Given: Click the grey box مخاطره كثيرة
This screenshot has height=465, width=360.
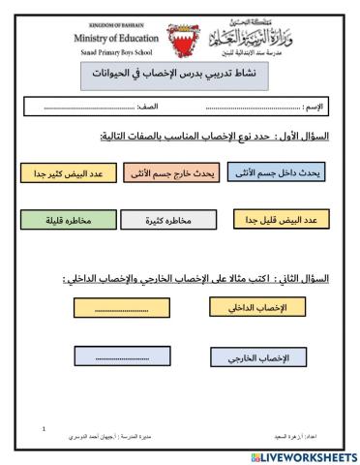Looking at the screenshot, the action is [x=169, y=222].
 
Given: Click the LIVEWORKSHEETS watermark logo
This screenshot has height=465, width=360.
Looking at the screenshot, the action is [x=302, y=456].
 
